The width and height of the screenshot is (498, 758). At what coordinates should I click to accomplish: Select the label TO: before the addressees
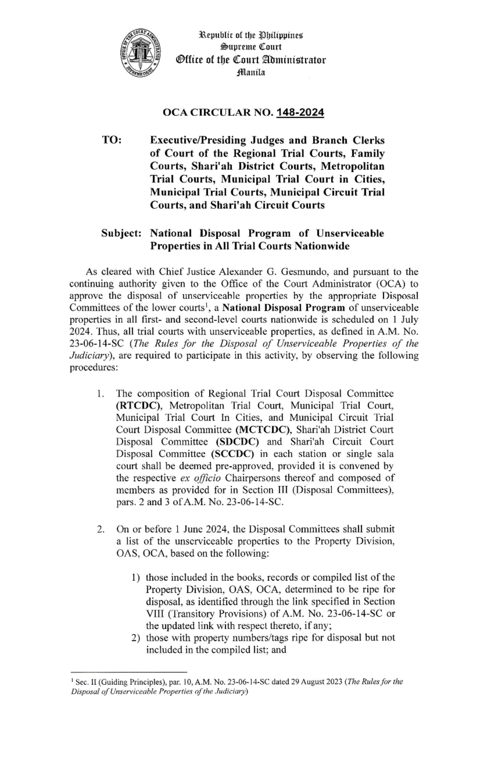pos(112,140)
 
